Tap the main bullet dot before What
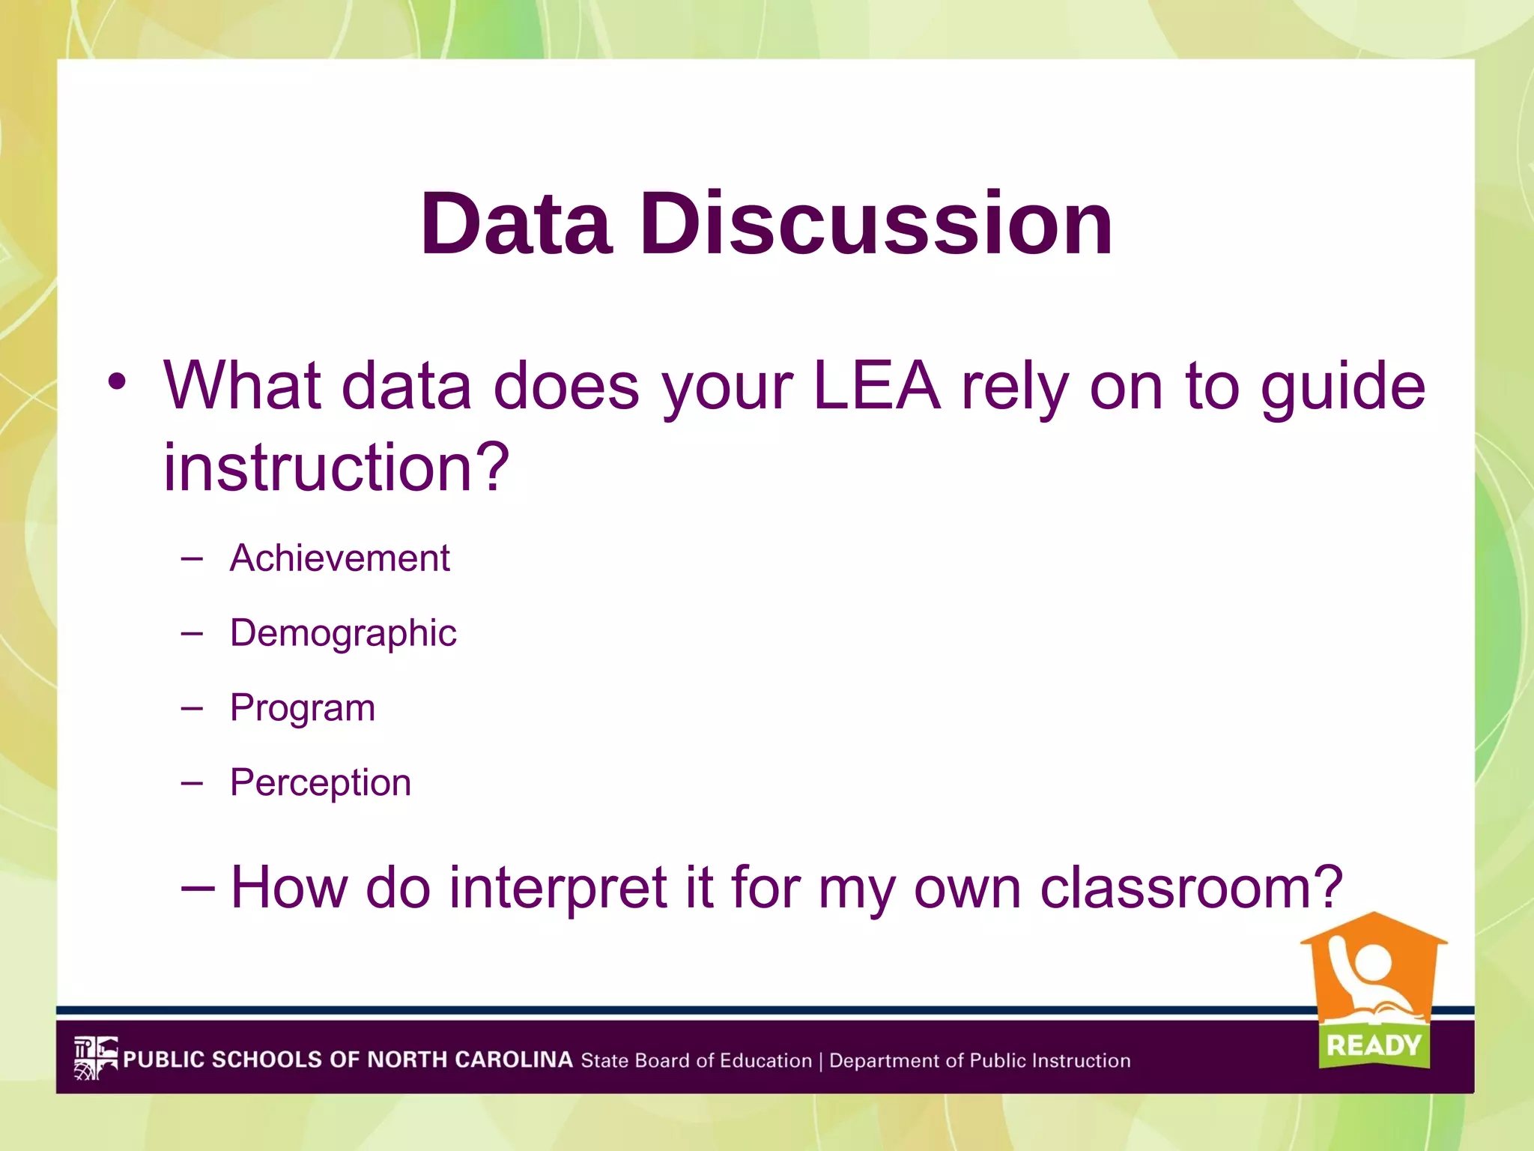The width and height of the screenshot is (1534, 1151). pos(117,382)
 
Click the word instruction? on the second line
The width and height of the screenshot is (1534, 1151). pos(336,468)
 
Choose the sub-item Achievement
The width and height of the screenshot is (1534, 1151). pos(339,558)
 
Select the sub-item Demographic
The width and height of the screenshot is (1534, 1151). pos(343,634)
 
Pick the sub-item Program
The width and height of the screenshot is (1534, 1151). pos(303,709)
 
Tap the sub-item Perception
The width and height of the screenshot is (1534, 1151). pos(321,783)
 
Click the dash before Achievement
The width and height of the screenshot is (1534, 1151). pos(192,559)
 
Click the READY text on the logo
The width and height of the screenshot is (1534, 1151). pos(1374,1045)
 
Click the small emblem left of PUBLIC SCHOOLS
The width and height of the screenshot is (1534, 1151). pos(95,1058)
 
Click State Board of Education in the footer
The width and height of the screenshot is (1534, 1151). pos(696,1061)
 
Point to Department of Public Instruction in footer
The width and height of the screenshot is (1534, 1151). pos(980,1061)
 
